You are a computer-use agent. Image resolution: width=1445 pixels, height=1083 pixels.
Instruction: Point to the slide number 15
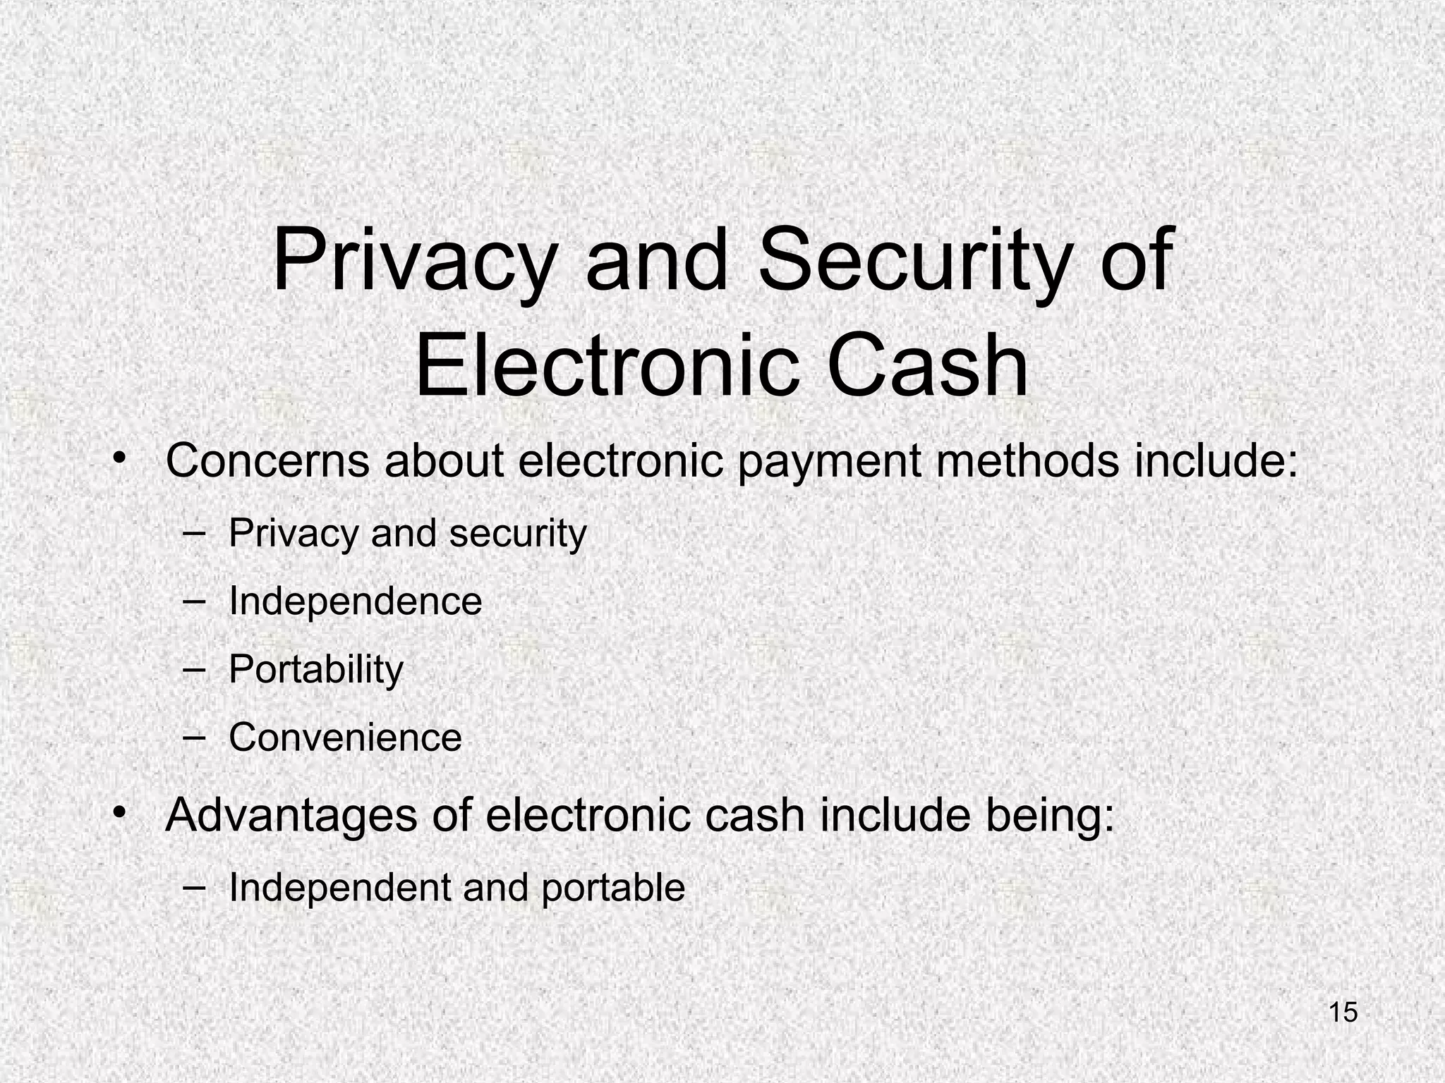click(1343, 1012)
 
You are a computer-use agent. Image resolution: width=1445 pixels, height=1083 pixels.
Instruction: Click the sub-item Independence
click(355, 601)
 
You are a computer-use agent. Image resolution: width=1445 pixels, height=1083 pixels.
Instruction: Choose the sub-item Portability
click(315, 670)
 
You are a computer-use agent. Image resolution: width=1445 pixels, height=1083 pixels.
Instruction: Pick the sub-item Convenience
click(345, 738)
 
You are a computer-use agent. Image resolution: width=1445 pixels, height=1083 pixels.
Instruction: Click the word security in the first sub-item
click(518, 534)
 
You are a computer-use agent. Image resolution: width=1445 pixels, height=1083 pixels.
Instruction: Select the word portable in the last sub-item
click(613, 888)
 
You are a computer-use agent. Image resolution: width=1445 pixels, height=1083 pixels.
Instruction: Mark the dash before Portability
click(192, 668)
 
